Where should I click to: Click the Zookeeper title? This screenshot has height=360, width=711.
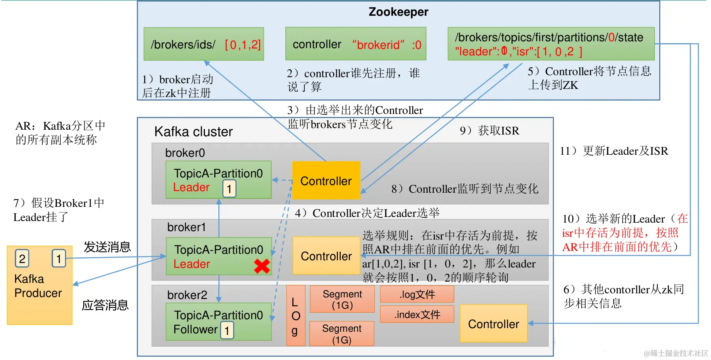(398, 12)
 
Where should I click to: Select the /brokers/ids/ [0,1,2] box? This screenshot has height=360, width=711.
(204, 44)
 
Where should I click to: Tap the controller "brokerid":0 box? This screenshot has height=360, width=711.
(356, 44)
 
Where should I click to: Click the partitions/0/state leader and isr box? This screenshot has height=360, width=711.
(551, 44)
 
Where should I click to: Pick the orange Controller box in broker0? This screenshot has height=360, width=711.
(326, 180)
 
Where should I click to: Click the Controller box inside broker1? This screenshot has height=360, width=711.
(326, 256)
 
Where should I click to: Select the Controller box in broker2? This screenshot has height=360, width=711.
(493, 324)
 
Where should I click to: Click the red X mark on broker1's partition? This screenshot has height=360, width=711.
(262, 266)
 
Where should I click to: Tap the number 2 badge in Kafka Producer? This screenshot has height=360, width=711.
(22, 258)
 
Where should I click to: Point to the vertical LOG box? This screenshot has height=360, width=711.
(295, 316)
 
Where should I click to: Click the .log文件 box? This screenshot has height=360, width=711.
(417, 294)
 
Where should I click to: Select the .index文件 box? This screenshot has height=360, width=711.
(417, 314)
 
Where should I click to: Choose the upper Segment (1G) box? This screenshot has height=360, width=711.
(342, 299)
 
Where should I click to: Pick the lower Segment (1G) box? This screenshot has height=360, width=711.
(342, 334)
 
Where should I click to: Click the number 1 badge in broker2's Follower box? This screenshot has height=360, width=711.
(227, 331)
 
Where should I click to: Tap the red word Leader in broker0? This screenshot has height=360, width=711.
(191, 187)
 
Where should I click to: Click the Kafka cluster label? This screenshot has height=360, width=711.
(193, 132)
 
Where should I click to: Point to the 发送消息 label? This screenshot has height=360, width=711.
(107, 246)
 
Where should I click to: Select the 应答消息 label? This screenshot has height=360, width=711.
(105, 305)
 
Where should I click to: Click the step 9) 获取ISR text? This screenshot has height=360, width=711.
(489, 131)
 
